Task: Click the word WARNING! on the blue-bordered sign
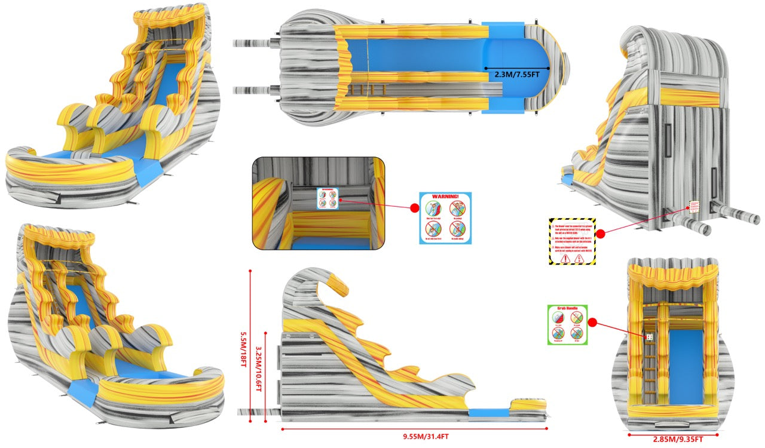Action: (x=445, y=197)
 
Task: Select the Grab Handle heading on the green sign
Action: (x=568, y=309)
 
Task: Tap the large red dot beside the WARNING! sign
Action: (x=414, y=208)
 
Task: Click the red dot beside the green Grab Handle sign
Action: (x=593, y=322)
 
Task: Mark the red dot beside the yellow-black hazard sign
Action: (x=601, y=234)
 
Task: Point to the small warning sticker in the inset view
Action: (x=328, y=198)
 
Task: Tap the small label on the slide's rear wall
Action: (x=694, y=207)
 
